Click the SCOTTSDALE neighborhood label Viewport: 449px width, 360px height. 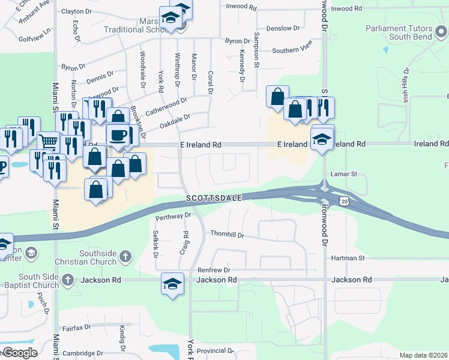[x=214, y=197]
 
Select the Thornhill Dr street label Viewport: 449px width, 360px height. [x=227, y=235]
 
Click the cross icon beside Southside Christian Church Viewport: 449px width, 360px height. [x=125, y=257]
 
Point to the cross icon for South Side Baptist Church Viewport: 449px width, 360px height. [x=68, y=280]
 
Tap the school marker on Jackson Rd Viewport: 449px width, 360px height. [x=172, y=283]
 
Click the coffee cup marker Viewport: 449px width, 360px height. [x=118, y=135]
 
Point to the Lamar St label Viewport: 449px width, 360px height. [x=344, y=174]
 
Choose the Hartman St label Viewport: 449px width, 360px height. [x=348, y=258]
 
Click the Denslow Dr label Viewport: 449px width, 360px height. [x=283, y=28]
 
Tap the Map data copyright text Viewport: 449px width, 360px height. [x=424, y=355]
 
